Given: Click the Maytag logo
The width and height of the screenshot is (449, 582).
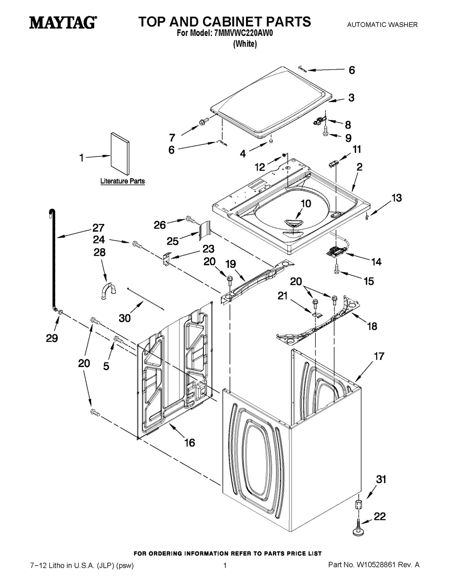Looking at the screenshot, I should point(62,22).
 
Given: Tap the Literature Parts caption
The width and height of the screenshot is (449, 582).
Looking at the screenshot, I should point(122,181).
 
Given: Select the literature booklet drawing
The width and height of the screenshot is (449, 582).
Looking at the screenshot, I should point(119,154).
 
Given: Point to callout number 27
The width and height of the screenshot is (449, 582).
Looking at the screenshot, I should point(98,228).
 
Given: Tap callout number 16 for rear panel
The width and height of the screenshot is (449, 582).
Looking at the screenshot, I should point(189,443).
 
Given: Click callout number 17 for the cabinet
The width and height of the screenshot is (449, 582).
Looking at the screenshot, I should point(379,356).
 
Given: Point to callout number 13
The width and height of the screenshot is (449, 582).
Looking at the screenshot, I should point(396,197).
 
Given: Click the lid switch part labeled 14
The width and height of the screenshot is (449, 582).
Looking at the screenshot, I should point(336,252).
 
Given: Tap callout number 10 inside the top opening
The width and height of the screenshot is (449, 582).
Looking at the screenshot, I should point(305,203).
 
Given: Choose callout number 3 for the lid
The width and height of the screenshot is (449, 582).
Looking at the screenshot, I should point(351,97).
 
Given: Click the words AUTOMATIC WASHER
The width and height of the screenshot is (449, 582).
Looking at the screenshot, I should point(382,25).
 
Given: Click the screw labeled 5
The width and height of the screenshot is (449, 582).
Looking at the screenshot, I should point(118,340).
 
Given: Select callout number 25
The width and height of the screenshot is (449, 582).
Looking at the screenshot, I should point(172,241).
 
